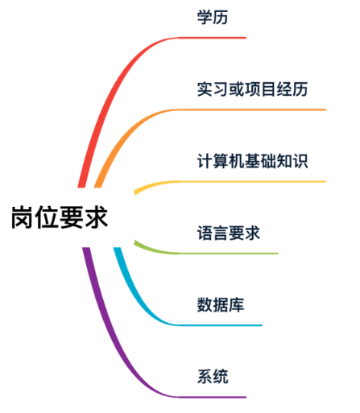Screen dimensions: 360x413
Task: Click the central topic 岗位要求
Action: [x=60, y=217]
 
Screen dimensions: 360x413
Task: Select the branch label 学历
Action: [x=213, y=18]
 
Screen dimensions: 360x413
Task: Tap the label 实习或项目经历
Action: [x=252, y=89]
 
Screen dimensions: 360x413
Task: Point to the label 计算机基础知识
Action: [x=252, y=161]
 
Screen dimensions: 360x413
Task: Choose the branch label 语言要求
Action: [x=229, y=233]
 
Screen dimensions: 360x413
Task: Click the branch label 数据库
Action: [x=221, y=305]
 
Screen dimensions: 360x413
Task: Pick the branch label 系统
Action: [x=213, y=377]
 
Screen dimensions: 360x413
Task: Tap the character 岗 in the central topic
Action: [x=23, y=217]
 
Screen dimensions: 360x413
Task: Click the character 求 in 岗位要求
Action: [x=96, y=217]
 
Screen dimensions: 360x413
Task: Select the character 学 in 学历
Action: [x=205, y=18]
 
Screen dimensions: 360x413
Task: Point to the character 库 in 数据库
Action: [x=237, y=305]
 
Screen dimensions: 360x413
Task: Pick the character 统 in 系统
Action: [x=221, y=377]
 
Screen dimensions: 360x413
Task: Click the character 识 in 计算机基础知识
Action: [x=300, y=161]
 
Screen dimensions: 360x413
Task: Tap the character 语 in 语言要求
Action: [x=205, y=233]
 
